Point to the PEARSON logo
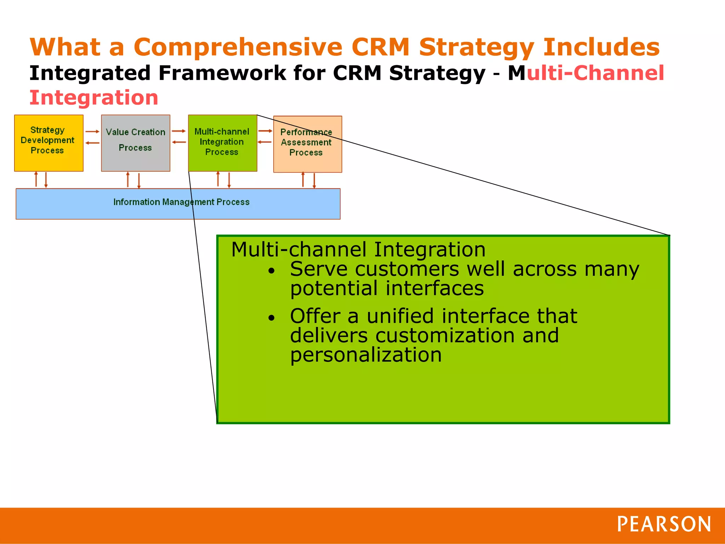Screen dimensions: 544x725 (664, 525)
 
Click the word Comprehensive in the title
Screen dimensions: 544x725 (238, 47)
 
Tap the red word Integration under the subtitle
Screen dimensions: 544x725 (94, 98)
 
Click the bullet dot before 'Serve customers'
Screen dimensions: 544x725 (272, 271)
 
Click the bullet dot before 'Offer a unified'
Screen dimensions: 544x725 (272, 318)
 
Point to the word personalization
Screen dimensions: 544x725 (366, 355)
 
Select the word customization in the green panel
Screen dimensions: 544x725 (445, 335)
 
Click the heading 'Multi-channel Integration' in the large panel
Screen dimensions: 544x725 (358, 249)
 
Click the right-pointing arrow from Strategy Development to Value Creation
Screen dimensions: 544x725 (92, 131)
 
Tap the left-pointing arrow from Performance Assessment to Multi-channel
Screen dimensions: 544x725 (264, 142)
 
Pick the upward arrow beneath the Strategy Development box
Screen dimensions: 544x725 (36, 179)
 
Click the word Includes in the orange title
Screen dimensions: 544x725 (601, 47)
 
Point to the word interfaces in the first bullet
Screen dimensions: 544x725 (434, 288)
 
